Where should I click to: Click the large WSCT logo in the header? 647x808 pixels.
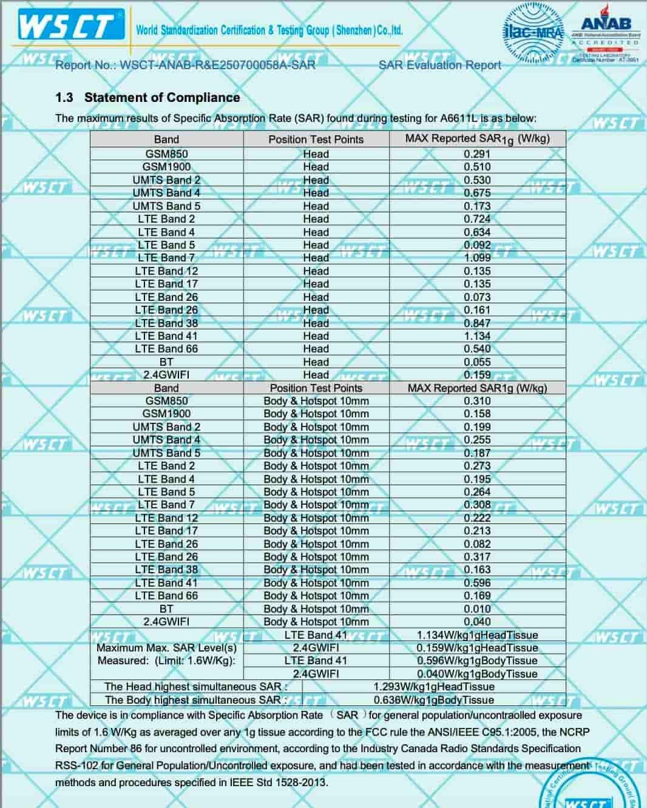pyautogui.click(x=67, y=26)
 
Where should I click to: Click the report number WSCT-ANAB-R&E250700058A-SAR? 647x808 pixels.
pyautogui.click(x=217, y=65)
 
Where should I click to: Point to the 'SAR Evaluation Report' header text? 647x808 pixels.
pyautogui.click(x=439, y=65)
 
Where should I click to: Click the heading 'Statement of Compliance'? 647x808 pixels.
pyautogui.click(x=162, y=98)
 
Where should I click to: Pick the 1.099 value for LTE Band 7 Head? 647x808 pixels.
pyautogui.click(x=477, y=258)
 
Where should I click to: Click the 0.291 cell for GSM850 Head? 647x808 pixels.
pyautogui.click(x=477, y=154)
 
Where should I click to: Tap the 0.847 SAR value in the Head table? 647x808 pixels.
pyautogui.click(x=477, y=323)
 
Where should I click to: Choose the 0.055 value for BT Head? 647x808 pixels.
pyautogui.click(x=477, y=362)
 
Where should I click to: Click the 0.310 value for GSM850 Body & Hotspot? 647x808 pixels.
pyautogui.click(x=477, y=401)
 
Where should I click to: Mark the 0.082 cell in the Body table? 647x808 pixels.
pyautogui.click(x=477, y=544)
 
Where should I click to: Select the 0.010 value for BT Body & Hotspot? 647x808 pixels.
pyautogui.click(x=477, y=608)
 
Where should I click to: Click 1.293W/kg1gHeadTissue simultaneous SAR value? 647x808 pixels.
pyautogui.click(x=433, y=687)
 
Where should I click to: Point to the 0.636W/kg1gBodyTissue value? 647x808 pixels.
pyautogui.click(x=433, y=699)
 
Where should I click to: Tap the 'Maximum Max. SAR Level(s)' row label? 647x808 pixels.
pyautogui.click(x=166, y=648)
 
